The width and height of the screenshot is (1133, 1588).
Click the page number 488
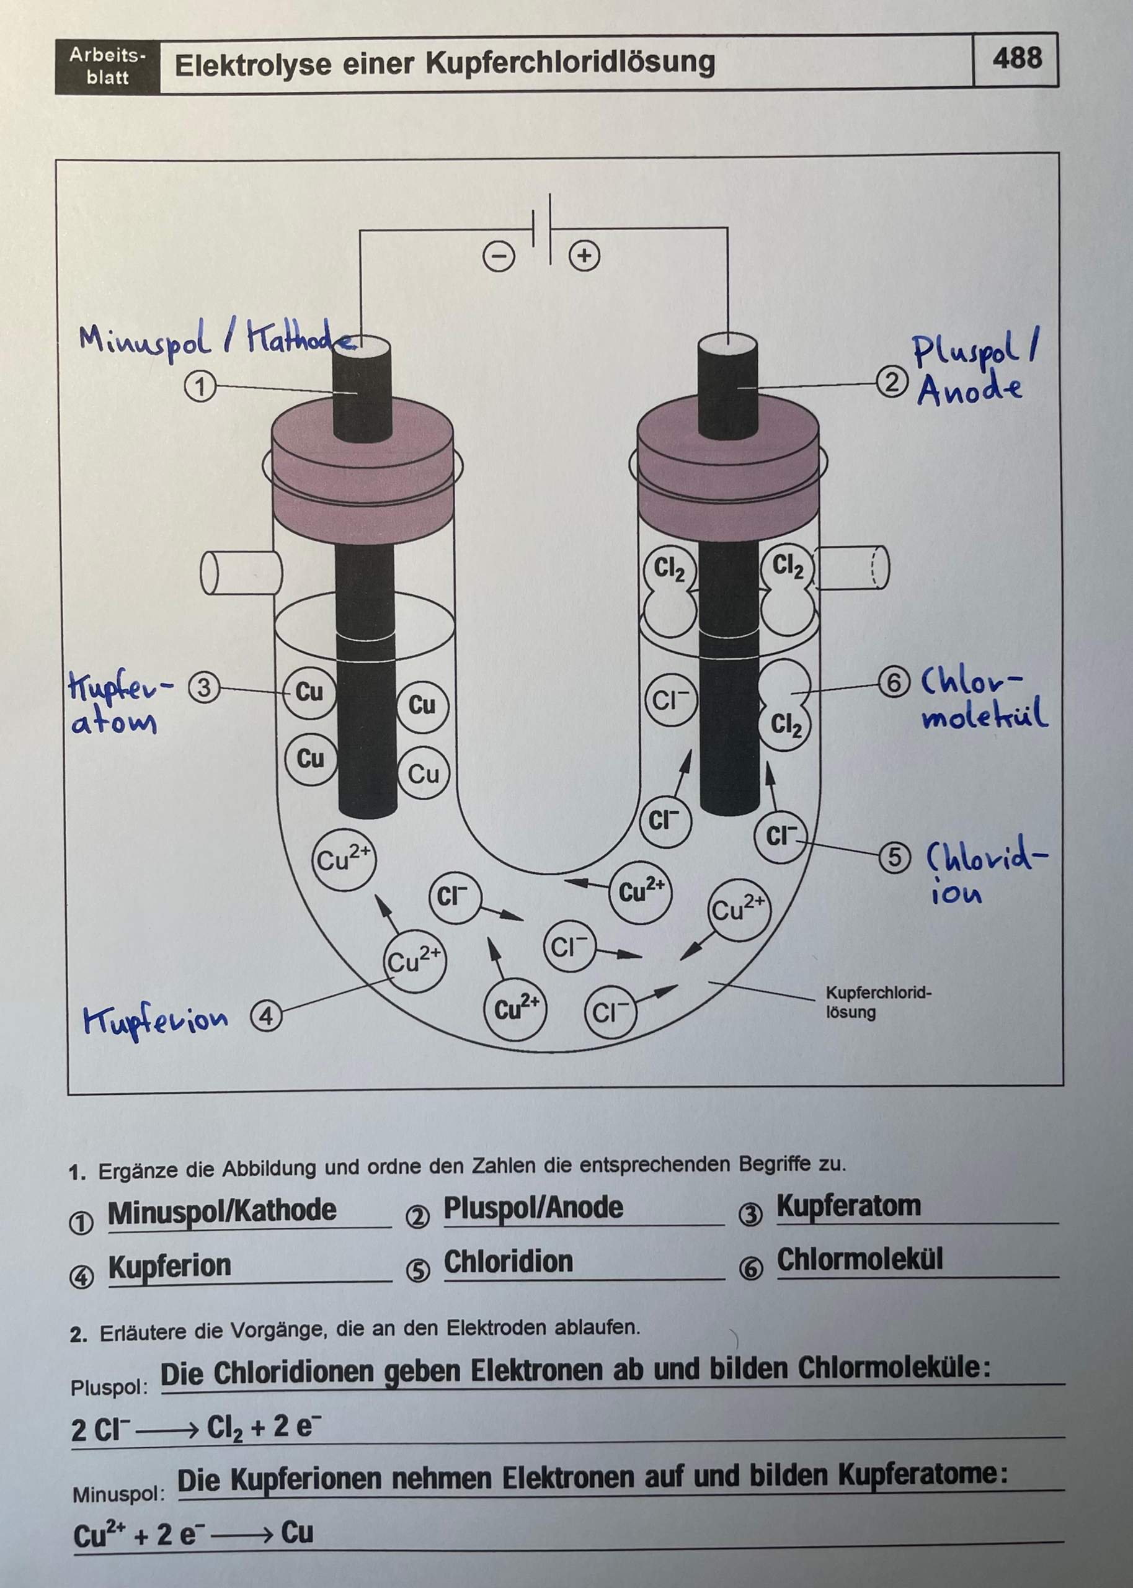click(1017, 60)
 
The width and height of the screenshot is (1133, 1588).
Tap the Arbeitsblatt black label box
click(107, 67)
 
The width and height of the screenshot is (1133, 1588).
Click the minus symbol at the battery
click(498, 257)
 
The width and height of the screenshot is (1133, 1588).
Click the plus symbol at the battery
click(585, 256)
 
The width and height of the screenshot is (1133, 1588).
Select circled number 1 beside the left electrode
click(200, 386)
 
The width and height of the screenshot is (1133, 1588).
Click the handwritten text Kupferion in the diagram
click(155, 1021)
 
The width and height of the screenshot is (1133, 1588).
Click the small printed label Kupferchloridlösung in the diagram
click(878, 1002)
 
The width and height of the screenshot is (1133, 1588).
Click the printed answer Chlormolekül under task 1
click(860, 1259)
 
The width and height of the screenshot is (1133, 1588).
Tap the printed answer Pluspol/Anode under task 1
click(533, 1208)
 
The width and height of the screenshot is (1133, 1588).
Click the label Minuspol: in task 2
click(118, 1494)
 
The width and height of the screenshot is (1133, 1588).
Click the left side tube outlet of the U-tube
click(241, 574)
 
